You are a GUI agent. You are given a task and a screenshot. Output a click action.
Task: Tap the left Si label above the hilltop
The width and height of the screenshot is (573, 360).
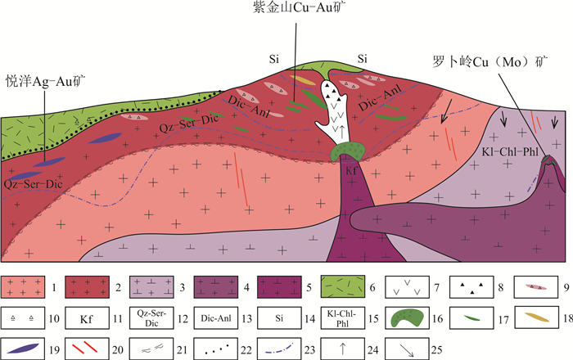(275, 59)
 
